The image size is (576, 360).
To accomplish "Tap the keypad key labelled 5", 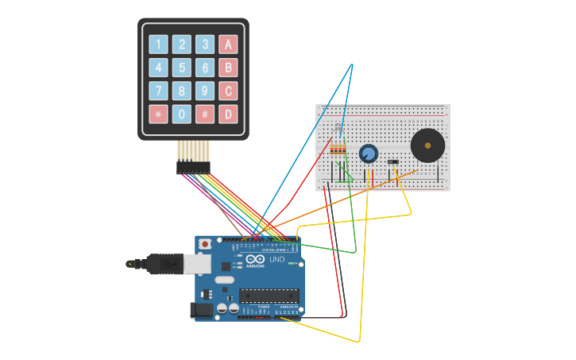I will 182,68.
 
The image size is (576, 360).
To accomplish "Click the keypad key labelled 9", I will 205,91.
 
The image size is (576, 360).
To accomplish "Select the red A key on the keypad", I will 228,45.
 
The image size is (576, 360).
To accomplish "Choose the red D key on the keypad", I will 228,114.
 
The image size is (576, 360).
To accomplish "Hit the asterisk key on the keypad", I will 159,114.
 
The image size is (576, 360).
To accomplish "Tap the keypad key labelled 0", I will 182,114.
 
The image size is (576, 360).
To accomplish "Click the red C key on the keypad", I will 228,91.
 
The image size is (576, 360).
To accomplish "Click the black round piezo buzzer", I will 427,145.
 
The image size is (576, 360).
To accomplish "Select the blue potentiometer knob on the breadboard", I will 368,153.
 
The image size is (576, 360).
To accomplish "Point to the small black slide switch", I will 393,162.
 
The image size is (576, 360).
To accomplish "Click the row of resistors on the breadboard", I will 338,149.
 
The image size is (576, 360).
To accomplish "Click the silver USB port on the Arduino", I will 197,263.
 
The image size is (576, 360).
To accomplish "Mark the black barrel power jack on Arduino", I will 200,310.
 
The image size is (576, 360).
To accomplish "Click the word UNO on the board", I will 277,260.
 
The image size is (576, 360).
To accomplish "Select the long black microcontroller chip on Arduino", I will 269,296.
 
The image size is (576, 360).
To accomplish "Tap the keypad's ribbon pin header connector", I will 193,168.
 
